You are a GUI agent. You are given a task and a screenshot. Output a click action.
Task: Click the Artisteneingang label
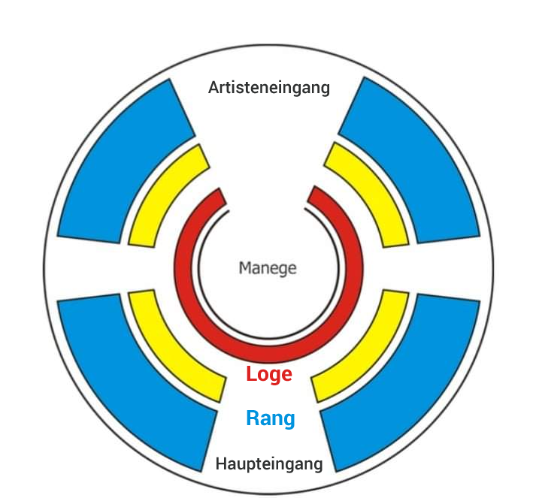[x=268, y=88]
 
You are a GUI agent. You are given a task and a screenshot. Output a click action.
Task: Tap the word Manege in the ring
[x=268, y=267]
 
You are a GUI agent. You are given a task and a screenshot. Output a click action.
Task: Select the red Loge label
[x=269, y=374]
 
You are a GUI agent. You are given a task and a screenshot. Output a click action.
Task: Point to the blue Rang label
[x=270, y=418]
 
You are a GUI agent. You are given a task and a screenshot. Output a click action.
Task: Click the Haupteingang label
[x=269, y=463]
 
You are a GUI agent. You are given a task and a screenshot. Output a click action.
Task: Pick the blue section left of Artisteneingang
[x=120, y=165]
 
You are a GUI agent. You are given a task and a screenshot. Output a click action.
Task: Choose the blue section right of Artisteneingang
[x=417, y=165]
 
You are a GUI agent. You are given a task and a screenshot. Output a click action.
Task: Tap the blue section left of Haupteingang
[x=132, y=376]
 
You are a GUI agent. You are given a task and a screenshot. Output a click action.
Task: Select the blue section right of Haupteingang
[x=406, y=376]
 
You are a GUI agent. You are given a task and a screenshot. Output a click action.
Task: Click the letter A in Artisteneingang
[x=213, y=88]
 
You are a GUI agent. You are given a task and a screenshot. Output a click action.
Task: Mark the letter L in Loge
[x=251, y=374]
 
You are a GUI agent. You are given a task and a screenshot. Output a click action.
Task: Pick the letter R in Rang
[x=253, y=418]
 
